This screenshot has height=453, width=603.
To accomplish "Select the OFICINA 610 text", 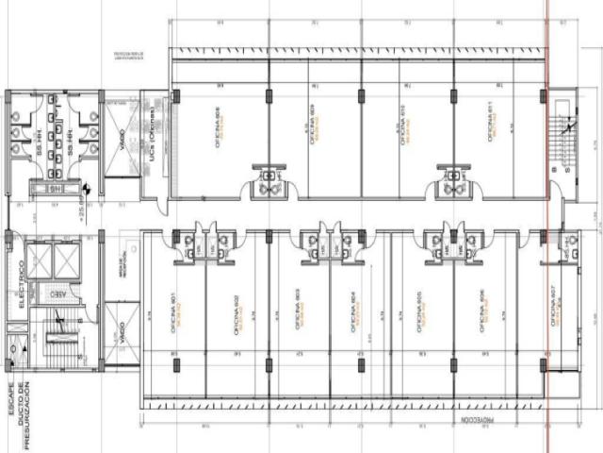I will (x=402, y=123).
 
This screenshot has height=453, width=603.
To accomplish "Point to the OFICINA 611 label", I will (x=490, y=123).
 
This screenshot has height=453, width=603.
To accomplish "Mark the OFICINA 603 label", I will (x=298, y=311).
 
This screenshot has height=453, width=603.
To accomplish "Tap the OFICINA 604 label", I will (x=360, y=311).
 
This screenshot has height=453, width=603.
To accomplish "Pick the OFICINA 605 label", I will (x=419, y=311).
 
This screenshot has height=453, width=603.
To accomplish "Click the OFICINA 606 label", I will (x=481, y=311).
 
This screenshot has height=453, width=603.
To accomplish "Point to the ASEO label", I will (x=58, y=294).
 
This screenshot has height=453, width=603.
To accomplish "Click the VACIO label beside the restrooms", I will (x=122, y=146).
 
